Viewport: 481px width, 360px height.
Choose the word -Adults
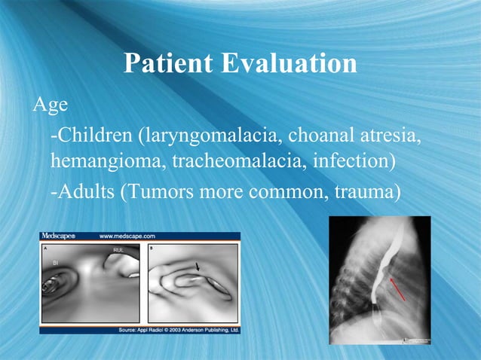coord(81,191)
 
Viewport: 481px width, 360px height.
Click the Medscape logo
coord(59,236)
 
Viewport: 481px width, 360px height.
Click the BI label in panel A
coord(56,262)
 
